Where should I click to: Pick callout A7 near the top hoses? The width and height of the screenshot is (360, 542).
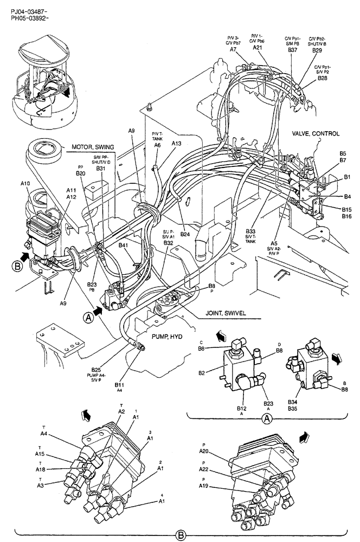pyautogui.click(x=233, y=49)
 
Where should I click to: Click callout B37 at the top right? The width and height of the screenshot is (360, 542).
pyautogui.click(x=293, y=50)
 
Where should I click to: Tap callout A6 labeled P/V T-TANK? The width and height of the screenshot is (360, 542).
pyautogui.click(x=157, y=145)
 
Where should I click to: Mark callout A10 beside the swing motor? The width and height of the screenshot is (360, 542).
pyautogui.click(x=25, y=184)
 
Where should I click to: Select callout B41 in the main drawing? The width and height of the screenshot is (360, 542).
pyautogui.click(x=124, y=245)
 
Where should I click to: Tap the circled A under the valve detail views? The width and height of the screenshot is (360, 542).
pyautogui.click(x=266, y=418)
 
